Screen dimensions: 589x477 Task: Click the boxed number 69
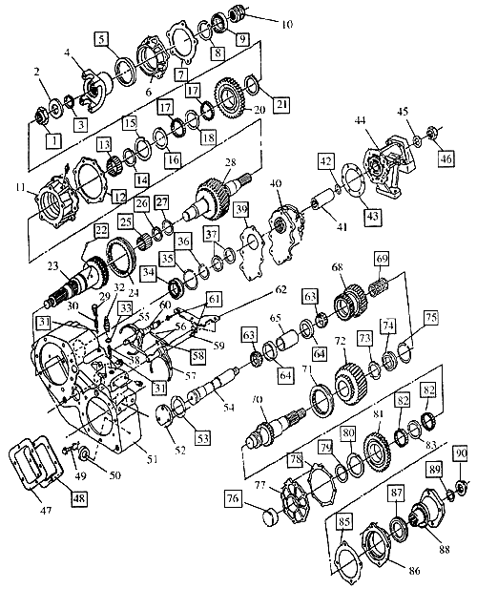[x=381, y=261]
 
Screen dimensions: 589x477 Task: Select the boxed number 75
[x=432, y=345]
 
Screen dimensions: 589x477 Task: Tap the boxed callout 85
[x=343, y=523]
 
